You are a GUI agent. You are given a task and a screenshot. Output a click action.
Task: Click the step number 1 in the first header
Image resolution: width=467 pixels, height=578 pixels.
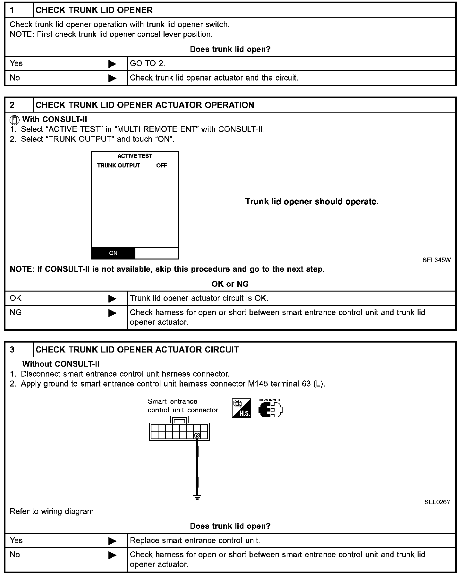[12, 10]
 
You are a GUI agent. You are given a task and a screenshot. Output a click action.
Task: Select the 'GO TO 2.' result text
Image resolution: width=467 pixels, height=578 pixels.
[148, 64]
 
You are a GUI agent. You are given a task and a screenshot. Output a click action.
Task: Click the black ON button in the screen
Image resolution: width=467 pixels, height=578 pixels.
[113, 253]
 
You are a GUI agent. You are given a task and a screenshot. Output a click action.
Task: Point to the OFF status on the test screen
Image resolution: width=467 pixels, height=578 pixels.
[162, 166]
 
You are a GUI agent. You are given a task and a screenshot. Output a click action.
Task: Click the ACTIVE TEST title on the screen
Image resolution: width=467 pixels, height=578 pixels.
[135, 156]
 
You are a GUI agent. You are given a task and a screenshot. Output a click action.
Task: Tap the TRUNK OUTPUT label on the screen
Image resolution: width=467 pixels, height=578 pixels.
[119, 166]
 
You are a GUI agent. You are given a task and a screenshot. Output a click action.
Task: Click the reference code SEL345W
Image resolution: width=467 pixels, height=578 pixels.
[436, 260]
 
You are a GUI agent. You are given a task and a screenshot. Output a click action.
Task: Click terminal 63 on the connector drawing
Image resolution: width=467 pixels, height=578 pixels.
[197, 435]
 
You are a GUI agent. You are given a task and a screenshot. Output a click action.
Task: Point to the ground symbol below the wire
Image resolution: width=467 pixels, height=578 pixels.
[197, 497]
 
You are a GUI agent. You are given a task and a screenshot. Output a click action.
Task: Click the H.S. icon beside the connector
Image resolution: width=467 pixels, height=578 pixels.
[241, 409]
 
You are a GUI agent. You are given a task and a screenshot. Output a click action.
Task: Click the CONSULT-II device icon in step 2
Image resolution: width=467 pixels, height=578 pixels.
[14, 120]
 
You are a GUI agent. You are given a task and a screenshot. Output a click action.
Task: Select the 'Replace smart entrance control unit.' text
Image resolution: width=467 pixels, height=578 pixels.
[195, 540]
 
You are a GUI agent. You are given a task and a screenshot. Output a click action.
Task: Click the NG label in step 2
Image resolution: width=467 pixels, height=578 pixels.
[16, 312]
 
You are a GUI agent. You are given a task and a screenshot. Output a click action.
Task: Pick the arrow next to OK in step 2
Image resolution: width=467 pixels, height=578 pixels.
[112, 299]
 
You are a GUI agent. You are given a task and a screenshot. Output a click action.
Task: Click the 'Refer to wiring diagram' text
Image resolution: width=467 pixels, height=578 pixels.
[52, 512]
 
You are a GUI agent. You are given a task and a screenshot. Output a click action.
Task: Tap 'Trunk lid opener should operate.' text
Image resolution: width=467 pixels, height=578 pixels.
[311, 202]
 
